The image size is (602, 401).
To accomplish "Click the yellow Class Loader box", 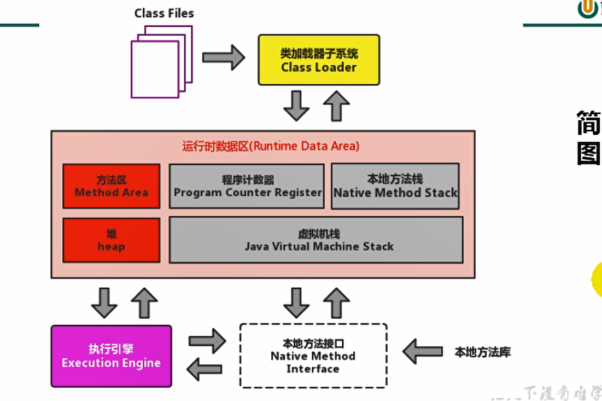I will (319, 60).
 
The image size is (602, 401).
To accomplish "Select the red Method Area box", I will (112, 186).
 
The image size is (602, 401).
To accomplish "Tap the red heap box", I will (112, 240).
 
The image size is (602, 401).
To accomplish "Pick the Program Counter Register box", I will (247, 186).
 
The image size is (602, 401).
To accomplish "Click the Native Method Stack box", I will (395, 186).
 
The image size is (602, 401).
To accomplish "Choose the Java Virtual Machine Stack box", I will (316, 240).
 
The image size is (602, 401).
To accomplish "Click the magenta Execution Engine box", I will (111, 356).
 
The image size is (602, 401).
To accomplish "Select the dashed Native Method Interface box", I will (313, 356).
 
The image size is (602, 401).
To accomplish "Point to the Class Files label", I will (164, 13).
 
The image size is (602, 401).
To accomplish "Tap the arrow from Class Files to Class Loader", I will (223, 57).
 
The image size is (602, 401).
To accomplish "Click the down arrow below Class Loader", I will (296, 106).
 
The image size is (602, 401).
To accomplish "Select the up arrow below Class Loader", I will (336, 106).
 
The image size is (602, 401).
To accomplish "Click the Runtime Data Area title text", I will (271, 146).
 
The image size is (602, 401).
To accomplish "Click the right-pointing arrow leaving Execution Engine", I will (207, 341).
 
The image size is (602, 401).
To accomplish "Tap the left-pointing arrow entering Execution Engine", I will (204, 369).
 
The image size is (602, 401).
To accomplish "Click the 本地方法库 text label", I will (482, 352).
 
